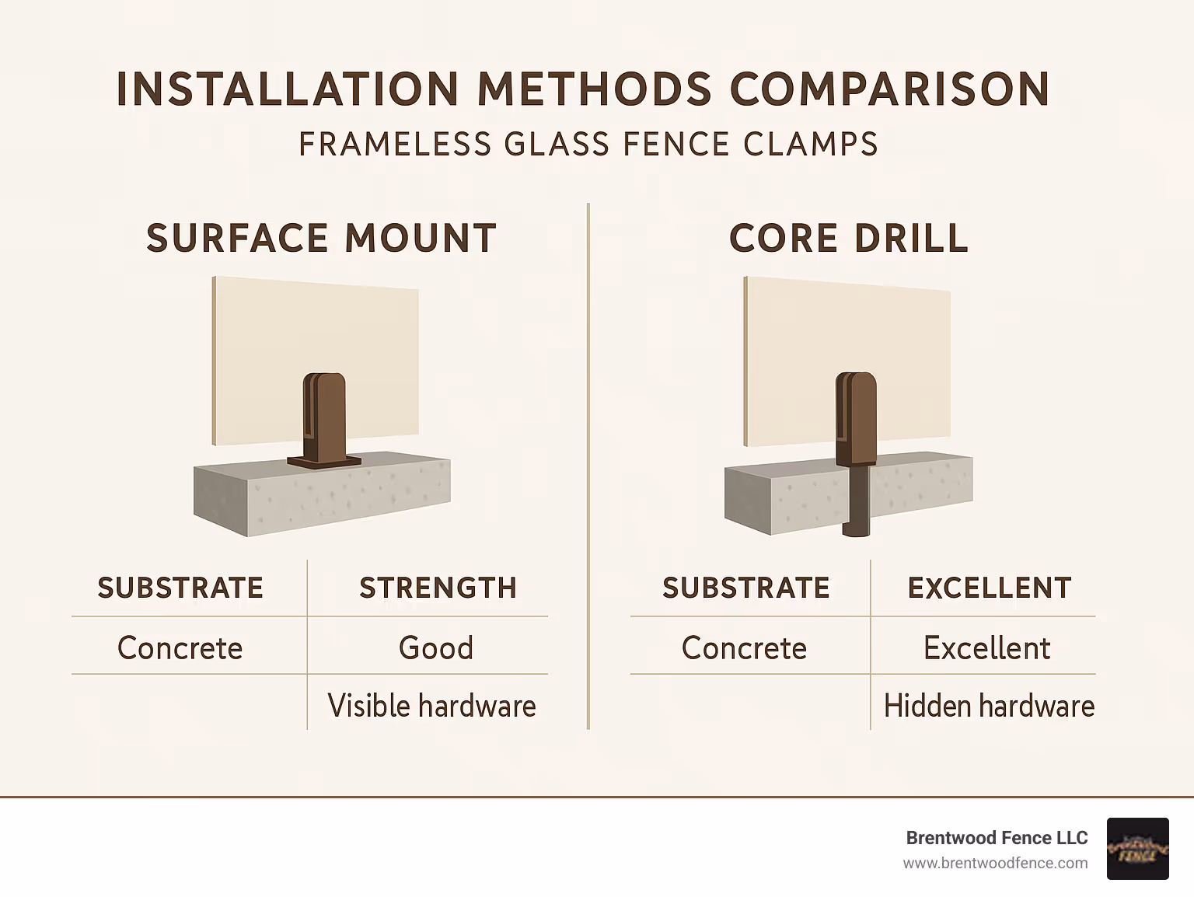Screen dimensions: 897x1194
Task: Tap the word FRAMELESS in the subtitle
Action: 395,145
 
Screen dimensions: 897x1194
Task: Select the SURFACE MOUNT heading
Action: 321,238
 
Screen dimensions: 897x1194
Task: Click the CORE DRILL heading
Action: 849,238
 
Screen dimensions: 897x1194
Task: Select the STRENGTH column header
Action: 438,588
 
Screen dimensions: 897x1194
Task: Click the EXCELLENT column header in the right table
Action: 990,588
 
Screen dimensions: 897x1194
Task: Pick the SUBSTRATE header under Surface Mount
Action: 180,588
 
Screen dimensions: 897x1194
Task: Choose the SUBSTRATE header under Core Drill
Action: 745,588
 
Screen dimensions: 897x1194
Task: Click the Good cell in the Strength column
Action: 436,647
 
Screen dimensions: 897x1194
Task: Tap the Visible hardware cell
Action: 431,706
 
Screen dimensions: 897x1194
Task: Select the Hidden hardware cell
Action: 989,706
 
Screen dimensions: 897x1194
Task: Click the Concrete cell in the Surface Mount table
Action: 180,647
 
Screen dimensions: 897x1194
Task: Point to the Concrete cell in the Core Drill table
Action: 744,647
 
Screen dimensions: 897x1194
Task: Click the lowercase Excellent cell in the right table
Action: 986,647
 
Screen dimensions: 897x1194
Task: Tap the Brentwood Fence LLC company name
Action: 997,838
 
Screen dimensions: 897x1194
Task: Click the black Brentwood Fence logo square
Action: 1137,849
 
